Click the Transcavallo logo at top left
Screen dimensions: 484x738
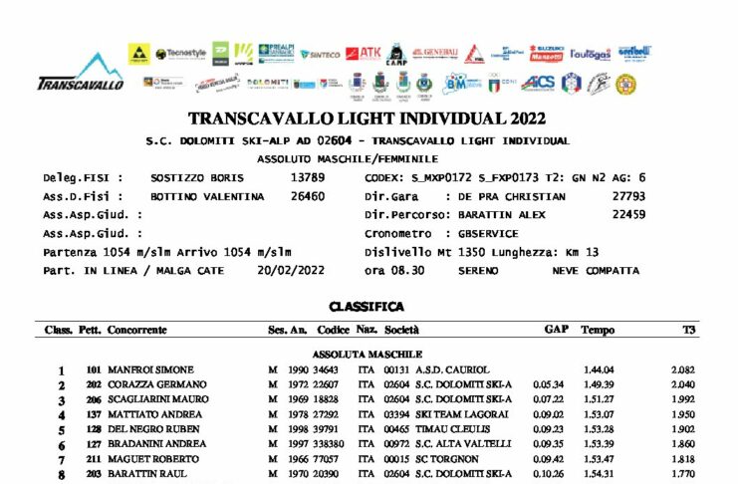click(x=80, y=73)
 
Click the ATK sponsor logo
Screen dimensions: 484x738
click(x=369, y=53)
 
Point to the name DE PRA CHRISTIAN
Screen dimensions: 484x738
click(x=512, y=196)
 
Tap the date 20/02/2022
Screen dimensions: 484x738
click(x=291, y=270)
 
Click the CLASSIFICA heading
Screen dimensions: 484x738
click(x=367, y=308)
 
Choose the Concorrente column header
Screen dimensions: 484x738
click(x=136, y=330)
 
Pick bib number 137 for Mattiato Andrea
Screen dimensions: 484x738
click(x=95, y=414)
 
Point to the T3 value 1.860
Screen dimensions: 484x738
click(x=682, y=444)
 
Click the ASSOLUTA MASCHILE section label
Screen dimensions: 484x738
click(x=368, y=354)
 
